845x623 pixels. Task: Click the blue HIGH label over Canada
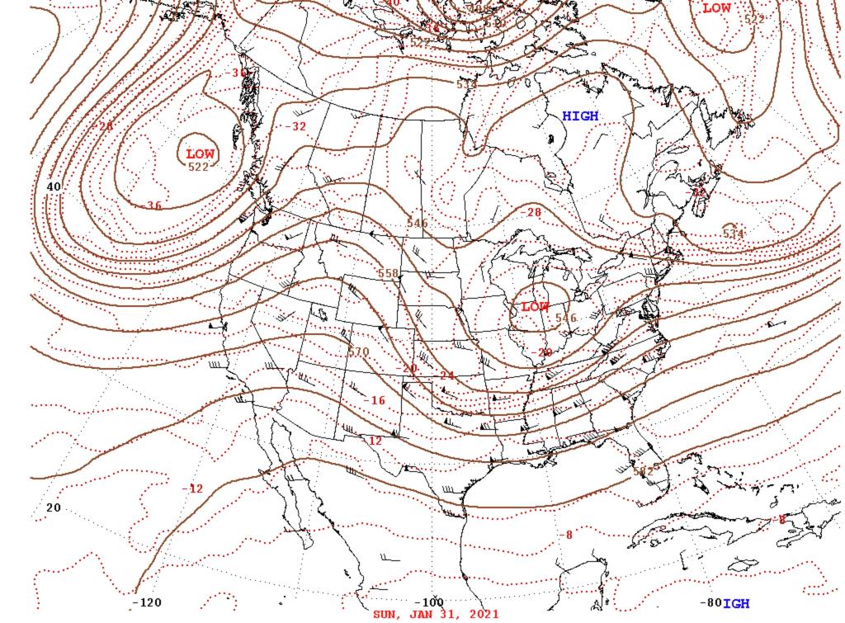[x=580, y=116]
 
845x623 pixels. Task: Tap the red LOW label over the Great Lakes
[x=535, y=307]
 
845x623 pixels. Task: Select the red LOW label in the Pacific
[x=201, y=153]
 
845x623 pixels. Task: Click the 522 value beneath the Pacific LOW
[x=199, y=167]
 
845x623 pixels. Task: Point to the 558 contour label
[x=388, y=273]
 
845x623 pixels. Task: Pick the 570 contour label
[x=358, y=352]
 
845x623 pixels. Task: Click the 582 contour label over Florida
[x=643, y=470]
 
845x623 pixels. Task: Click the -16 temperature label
[x=375, y=400]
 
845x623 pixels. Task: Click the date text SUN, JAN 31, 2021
[x=436, y=615]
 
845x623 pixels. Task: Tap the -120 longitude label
[x=147, y=603]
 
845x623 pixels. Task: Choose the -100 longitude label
[x=428, y=603]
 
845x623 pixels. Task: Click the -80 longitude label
[x=709, y=603]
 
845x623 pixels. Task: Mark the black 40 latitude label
[x=54, y=187]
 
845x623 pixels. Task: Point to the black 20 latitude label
[x=54, y=507]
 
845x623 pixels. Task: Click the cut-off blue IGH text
[x=737, y=604]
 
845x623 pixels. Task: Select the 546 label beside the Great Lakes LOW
[x=566, y=318]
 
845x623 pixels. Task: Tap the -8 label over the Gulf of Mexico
[x=566, y=535]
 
